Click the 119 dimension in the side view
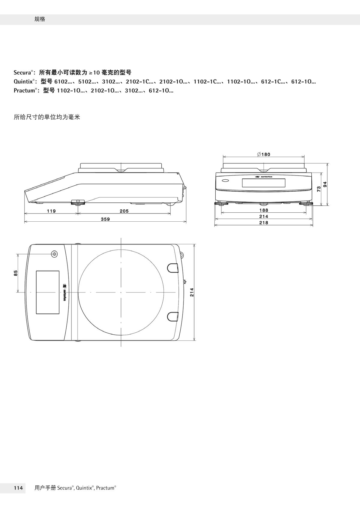tap(51, 211)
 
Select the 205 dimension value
tap(124, 211)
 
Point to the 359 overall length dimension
tap(105, 219)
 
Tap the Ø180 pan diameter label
tap(264, 154)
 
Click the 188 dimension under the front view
tap(264, 210)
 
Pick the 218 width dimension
tap(264, 223)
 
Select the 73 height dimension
tap(319, 189)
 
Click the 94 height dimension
tap(325, 184)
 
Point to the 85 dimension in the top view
tap(16, 273)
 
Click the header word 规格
tap(40, 19)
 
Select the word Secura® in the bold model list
tap(23, 73)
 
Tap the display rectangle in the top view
tap(48, 292)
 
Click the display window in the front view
tap(263, 183)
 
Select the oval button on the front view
tap(225, 181)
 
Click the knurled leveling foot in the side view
tap(78, 202)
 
